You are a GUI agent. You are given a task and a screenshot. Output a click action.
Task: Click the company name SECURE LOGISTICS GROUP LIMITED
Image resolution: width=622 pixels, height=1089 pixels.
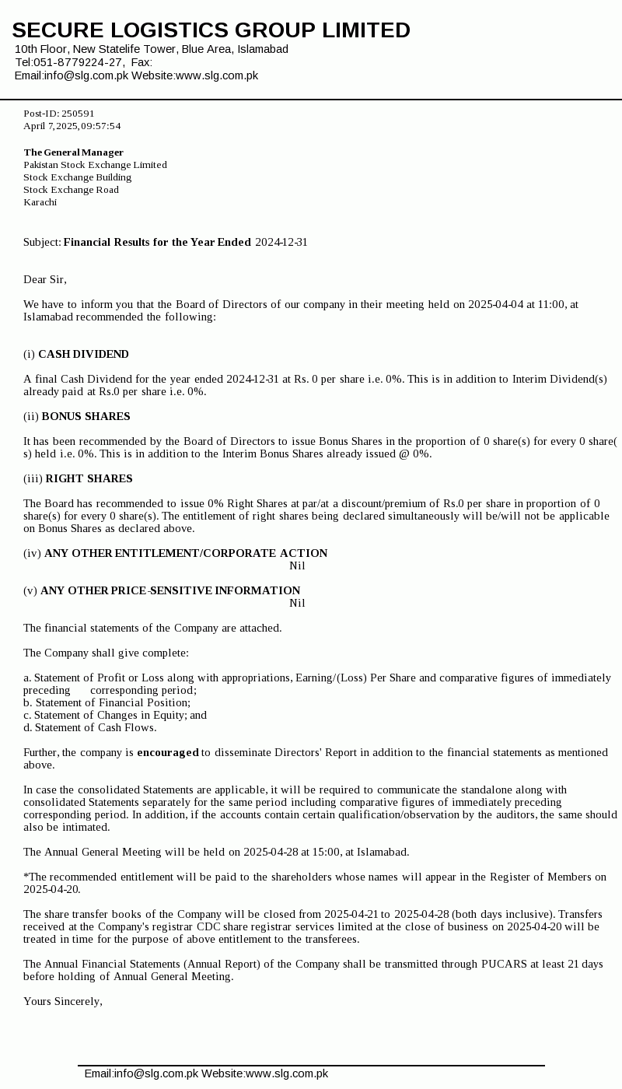[211, 30]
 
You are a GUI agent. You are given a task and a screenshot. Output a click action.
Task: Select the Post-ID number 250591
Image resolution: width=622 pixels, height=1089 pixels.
[78, 114]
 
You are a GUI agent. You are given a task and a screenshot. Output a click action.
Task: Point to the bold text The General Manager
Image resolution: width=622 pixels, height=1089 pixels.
[73, 152]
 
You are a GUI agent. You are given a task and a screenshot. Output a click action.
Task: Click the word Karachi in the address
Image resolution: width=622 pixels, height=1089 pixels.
[40, 202]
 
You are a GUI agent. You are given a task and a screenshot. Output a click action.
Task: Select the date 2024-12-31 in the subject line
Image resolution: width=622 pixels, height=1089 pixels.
[281, 242]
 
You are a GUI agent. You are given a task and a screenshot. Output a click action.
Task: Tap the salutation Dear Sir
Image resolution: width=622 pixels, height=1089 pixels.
[44, 279]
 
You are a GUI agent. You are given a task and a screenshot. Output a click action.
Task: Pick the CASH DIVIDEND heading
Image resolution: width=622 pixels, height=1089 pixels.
[83, 354]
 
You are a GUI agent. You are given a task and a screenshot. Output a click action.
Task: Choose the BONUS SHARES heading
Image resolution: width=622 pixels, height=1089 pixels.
[86, 416]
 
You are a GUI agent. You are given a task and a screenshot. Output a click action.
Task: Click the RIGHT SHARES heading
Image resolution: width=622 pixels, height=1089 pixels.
[89, 478]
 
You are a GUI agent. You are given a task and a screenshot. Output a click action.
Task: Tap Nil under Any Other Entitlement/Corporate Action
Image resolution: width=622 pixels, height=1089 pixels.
[297, 566]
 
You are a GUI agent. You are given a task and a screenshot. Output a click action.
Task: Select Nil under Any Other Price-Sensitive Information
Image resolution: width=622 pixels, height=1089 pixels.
[297, 603]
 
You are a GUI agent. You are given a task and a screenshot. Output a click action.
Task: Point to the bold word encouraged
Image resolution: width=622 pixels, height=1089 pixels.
[168, 752]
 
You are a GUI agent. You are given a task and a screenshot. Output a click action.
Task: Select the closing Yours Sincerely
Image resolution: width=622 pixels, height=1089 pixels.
[62, 1001]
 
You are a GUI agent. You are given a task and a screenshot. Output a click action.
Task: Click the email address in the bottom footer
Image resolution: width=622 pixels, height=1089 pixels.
[156, 1073]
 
